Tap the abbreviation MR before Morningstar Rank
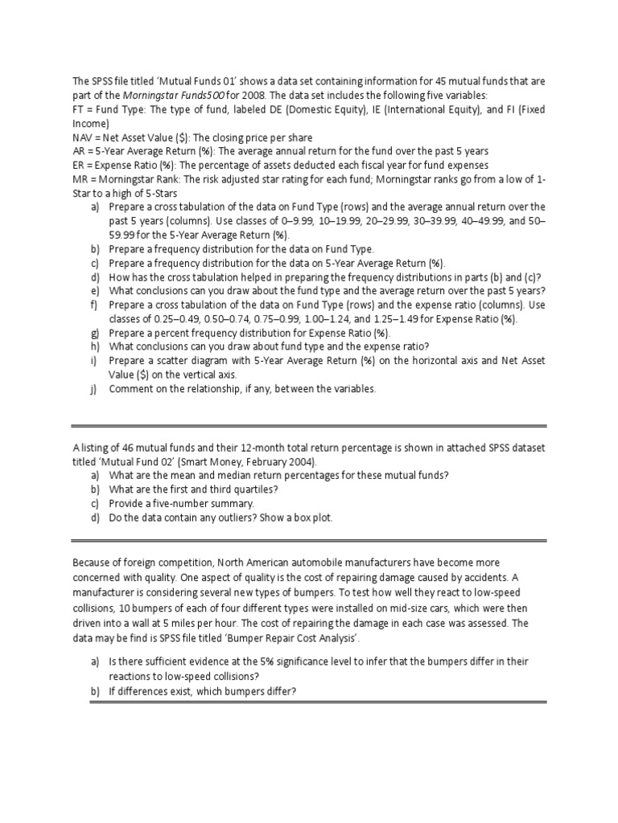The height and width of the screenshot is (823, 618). coord(81,178)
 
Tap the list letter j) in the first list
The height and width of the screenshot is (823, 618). coord(94,389)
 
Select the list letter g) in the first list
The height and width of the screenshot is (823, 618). coord(95,333)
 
